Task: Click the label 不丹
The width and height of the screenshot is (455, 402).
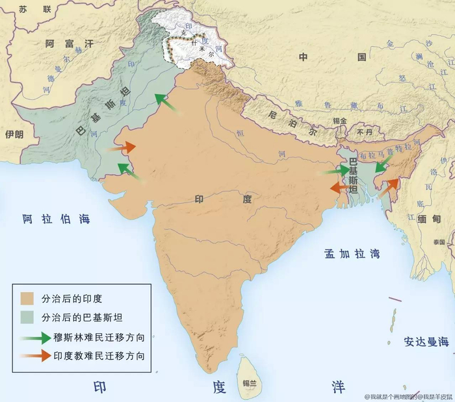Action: (365, 132)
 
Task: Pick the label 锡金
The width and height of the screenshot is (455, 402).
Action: (339, 121)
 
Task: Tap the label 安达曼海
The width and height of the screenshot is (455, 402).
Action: (426, 341)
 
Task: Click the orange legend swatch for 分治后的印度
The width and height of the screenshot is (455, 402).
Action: (27, 299)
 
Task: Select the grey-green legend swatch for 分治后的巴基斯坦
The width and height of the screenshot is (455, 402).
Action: (27, 318)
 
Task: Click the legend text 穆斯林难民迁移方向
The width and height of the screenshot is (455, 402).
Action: (101, 337)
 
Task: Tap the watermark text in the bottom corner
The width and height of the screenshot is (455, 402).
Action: (407, 396)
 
